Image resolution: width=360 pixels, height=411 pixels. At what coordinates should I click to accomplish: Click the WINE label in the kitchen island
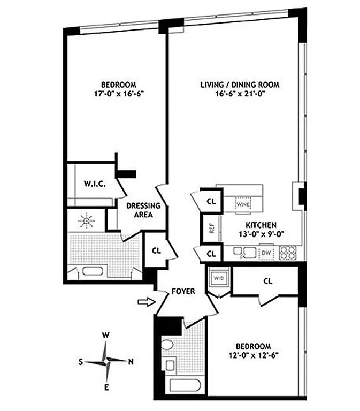click(x=244, y=204)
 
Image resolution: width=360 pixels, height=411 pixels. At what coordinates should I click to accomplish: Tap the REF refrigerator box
click(x=211, y=229)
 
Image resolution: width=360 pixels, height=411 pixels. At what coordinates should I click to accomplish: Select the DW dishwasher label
click(x=265, y=253)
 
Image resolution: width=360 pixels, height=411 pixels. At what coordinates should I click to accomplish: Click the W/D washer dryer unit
click(x=218, y=278)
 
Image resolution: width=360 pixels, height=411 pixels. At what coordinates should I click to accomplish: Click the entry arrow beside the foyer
click(x=145, y=302)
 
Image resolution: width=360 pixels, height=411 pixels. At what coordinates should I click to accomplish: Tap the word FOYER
click(x=182, y=292)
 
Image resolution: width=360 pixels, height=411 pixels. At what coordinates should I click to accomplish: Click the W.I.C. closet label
click(x=95, y=184)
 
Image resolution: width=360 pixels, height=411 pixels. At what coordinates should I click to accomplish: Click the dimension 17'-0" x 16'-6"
click(x=118, y=93)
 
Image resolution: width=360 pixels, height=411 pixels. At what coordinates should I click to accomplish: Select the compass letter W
click(x=106, y=336)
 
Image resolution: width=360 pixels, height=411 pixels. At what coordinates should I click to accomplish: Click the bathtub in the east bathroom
click(x=184, y=384)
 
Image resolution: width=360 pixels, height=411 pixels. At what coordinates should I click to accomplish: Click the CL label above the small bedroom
click(x=267, y=280)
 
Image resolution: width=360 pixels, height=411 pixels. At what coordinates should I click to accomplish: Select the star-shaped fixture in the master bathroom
click(x=85, y=220)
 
